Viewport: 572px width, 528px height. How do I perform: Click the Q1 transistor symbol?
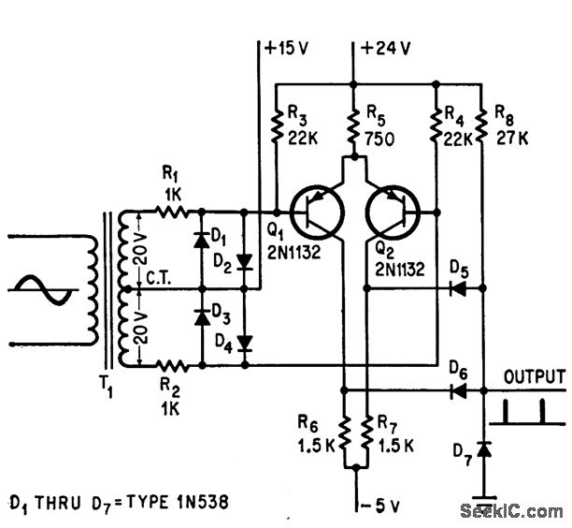tap(313, 213)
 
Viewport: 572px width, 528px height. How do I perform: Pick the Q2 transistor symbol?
tap(393, 213)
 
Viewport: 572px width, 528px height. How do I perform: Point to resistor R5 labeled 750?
tap(354, 131)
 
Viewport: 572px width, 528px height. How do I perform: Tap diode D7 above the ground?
tap(482, 451)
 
